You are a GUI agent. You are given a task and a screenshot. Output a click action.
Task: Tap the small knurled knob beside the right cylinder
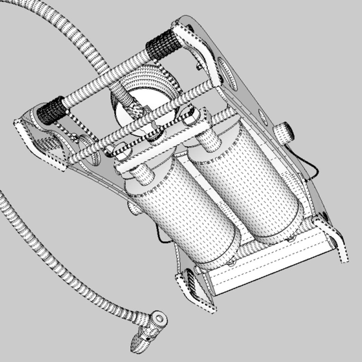[284, 133]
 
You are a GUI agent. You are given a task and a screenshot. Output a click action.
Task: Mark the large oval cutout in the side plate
[228, 74]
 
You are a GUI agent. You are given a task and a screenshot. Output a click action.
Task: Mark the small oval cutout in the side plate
[263, 118]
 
